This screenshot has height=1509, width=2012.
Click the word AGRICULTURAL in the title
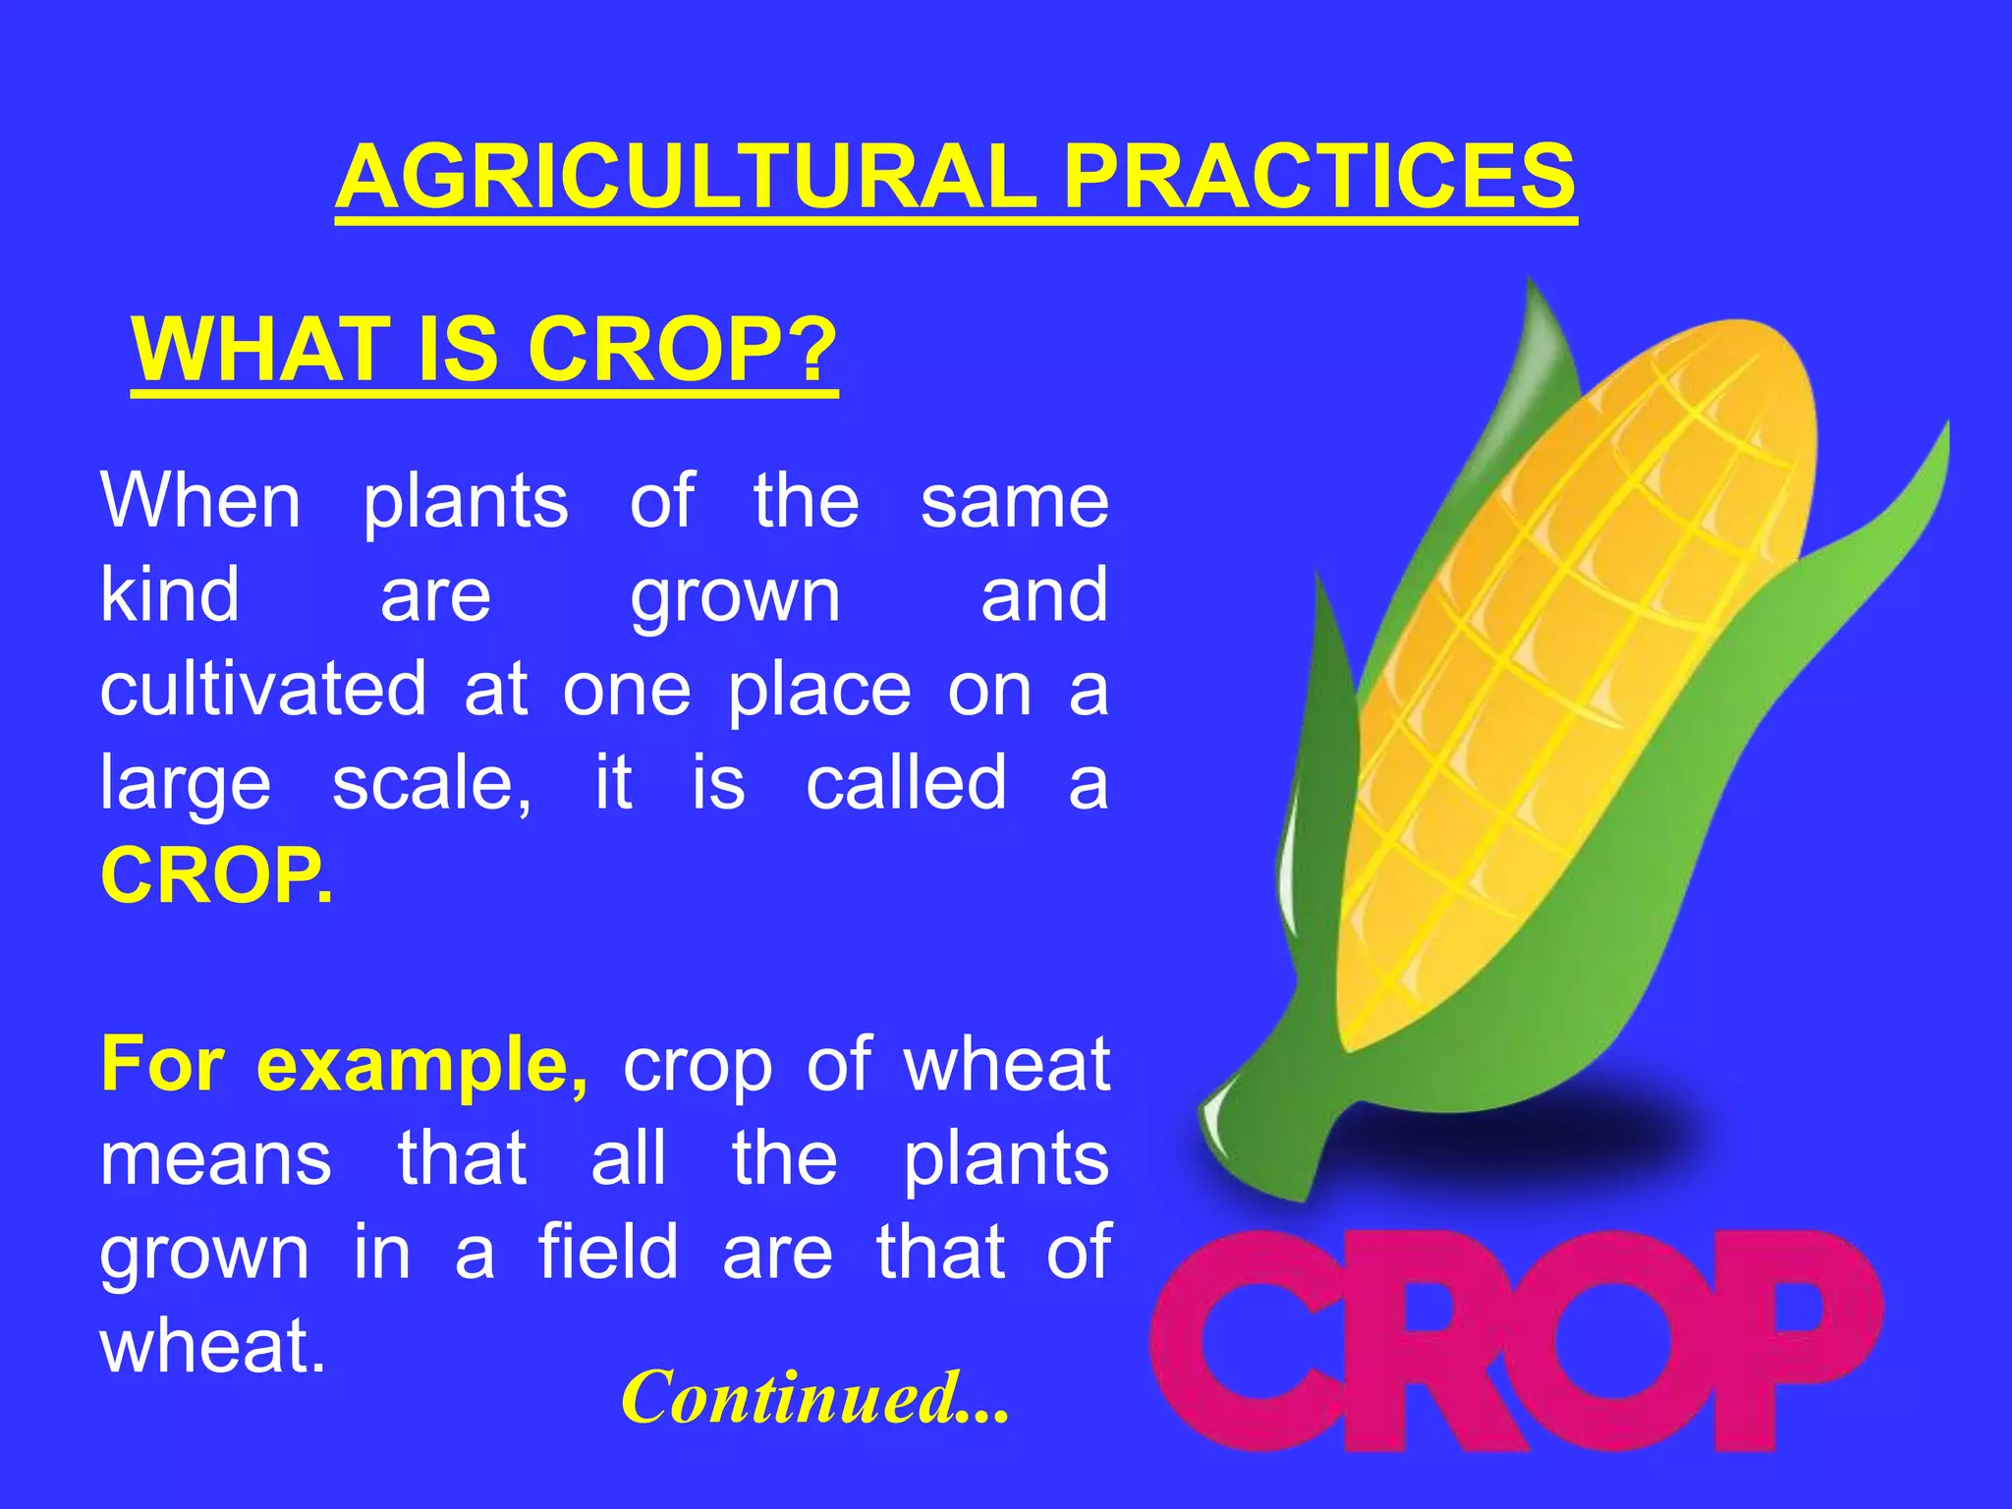coord(685,177)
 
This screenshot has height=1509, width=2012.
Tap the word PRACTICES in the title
coord(1319,177)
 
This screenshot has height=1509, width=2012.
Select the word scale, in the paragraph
coord(432,783)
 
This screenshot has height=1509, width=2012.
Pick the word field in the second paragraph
coord(608,1253)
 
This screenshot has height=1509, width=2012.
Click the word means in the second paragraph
coord(216,1159)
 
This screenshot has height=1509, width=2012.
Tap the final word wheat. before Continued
coord(212,1347)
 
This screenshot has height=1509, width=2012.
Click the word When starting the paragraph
coord(200,501)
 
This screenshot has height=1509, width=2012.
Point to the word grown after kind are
coord(735,595)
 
